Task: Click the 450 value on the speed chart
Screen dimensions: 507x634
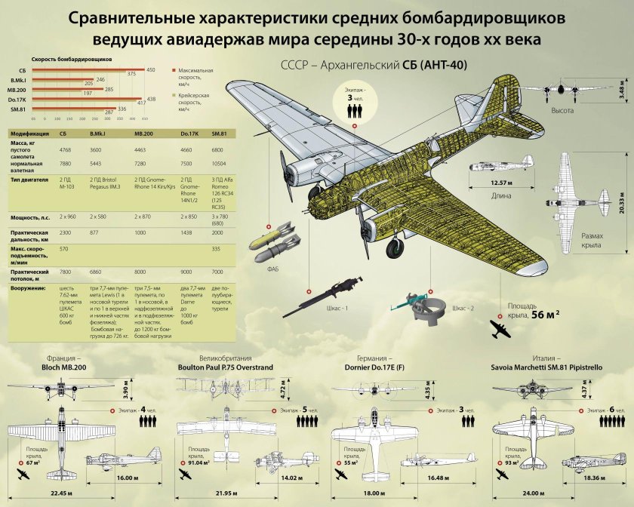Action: tap(151, 69)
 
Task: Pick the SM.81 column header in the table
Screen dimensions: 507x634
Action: tap(220, 134)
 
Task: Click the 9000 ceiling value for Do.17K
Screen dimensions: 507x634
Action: tap(189, 272)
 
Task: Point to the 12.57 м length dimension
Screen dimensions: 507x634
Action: tap(501, 183)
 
